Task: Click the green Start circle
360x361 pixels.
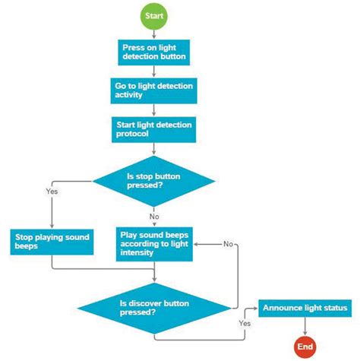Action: click(154, 14)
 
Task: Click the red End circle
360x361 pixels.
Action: click(305, 347)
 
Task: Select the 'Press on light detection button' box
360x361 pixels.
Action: click(154, 52)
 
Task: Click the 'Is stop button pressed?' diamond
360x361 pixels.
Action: click(154, 181)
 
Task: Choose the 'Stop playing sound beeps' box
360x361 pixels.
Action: click(51, 242)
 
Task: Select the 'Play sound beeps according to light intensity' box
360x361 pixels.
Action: click(154, 242)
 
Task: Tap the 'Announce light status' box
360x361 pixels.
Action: click(305, 308)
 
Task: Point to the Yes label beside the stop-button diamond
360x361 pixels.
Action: click(52, 192)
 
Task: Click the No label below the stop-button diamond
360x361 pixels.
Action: click(153, 217)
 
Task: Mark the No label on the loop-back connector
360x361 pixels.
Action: click(228, 244)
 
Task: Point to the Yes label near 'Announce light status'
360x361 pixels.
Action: click(245, 323)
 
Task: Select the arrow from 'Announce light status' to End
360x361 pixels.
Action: click(305, 327)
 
